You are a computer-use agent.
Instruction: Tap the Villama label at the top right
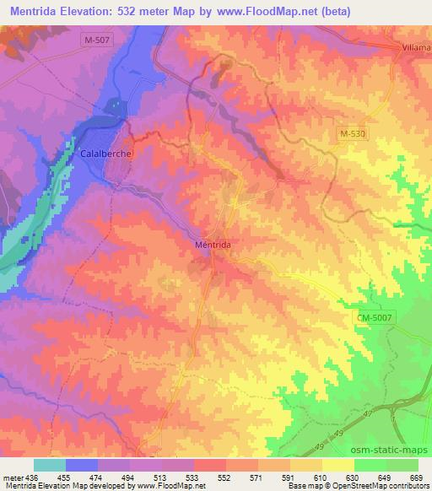pyautogui.click(x=411, y=48)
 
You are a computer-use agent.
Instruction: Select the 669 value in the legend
pyautogui.click(x=416, y=477)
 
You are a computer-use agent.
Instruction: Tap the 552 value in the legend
pyautogui.click(x=225, y=477)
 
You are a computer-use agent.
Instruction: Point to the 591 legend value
pyautogui.click(x=289, y=477)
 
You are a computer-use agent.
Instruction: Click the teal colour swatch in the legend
pyautogui.click(x=50, y=465)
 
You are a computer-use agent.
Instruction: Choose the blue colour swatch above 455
pyautogui.click(x=82, y=465)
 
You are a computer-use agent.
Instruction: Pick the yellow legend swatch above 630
pyautogui.click(x=337, y=465)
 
